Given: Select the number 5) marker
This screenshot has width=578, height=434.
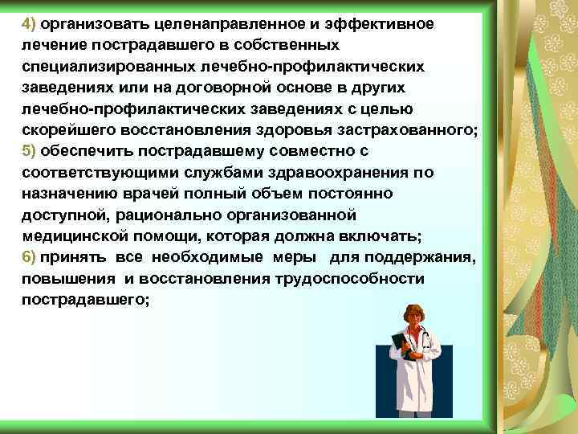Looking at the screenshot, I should [29, 150].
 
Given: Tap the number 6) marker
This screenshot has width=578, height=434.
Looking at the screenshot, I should [29, 256].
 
